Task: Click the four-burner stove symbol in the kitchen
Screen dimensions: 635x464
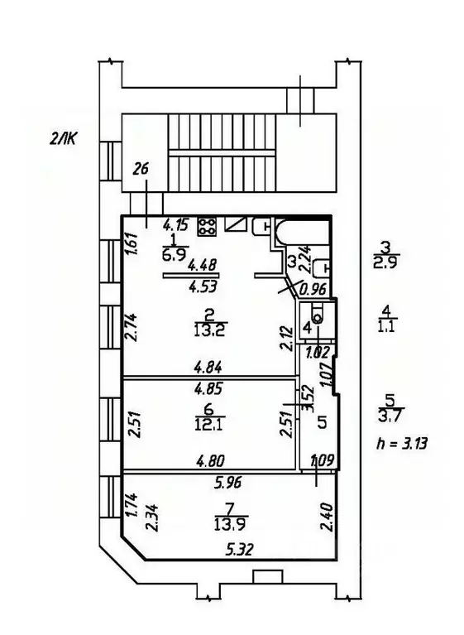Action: pyautogui.click(x=207, y=224)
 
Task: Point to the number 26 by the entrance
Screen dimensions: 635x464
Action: pyautogui.click(x=141, y=170)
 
